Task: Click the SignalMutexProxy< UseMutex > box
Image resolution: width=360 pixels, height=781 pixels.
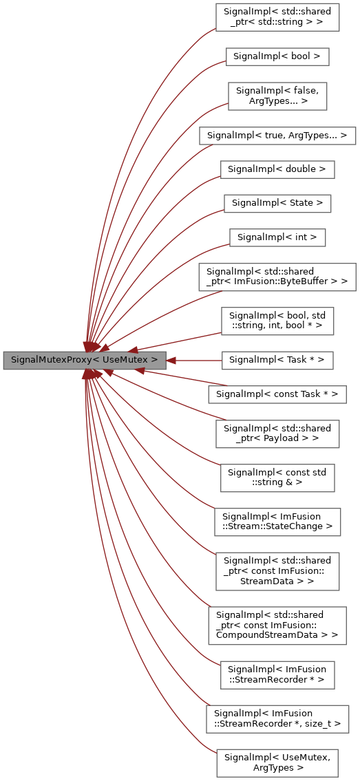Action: click(84, 359)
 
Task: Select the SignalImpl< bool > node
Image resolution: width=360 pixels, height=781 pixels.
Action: click(277, 56)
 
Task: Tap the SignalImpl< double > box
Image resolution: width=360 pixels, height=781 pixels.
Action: click(277, 169)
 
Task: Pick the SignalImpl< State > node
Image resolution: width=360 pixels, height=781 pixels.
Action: click(277, 203)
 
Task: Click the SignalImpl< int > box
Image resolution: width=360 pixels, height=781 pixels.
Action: click(277, 237)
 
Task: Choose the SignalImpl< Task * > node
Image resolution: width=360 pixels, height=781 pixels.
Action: click(277, 359)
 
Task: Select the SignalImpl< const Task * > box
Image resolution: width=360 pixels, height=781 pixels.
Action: click(277, 394)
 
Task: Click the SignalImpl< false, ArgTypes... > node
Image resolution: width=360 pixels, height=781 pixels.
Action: click(277, 96)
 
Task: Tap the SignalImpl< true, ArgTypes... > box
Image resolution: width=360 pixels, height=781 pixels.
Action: click(277, 135)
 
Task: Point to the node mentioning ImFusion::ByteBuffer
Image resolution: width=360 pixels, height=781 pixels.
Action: click(277, 277)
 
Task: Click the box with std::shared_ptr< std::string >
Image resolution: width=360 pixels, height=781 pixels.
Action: click(277, 17)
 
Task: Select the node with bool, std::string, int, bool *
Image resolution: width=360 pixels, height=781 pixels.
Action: click(277, 320)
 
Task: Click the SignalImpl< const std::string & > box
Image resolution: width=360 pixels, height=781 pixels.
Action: click(277, 477)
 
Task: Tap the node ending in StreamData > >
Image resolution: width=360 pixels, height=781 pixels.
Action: click(277, 570)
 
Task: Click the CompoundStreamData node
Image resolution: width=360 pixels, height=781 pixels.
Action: click(277, 625)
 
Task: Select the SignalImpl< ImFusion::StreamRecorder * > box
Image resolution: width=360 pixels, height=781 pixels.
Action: click(277, 674)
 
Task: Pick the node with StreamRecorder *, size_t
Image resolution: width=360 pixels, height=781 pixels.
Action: click(277, 718)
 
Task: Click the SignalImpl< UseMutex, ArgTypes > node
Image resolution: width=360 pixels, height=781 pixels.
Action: click(277, 762)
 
